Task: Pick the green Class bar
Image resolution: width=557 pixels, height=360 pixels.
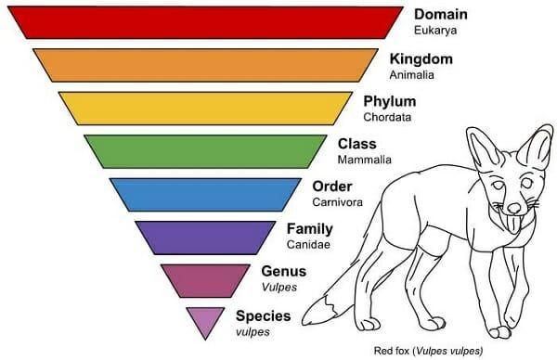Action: [x=204, y=150]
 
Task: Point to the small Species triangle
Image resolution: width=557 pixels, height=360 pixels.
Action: [x=204, y=318]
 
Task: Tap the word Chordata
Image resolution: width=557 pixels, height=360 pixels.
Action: [x=388, y=118]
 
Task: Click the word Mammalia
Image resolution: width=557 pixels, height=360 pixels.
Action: [x=363, y=161]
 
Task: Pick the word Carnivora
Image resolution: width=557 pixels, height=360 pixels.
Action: [x=337, y=202]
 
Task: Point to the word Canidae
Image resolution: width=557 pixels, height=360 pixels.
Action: [x=308, y=245]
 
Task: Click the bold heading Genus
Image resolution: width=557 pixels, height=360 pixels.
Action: [x=284, y=271]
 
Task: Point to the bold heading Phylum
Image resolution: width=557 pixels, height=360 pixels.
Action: [x=390, y=101]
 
